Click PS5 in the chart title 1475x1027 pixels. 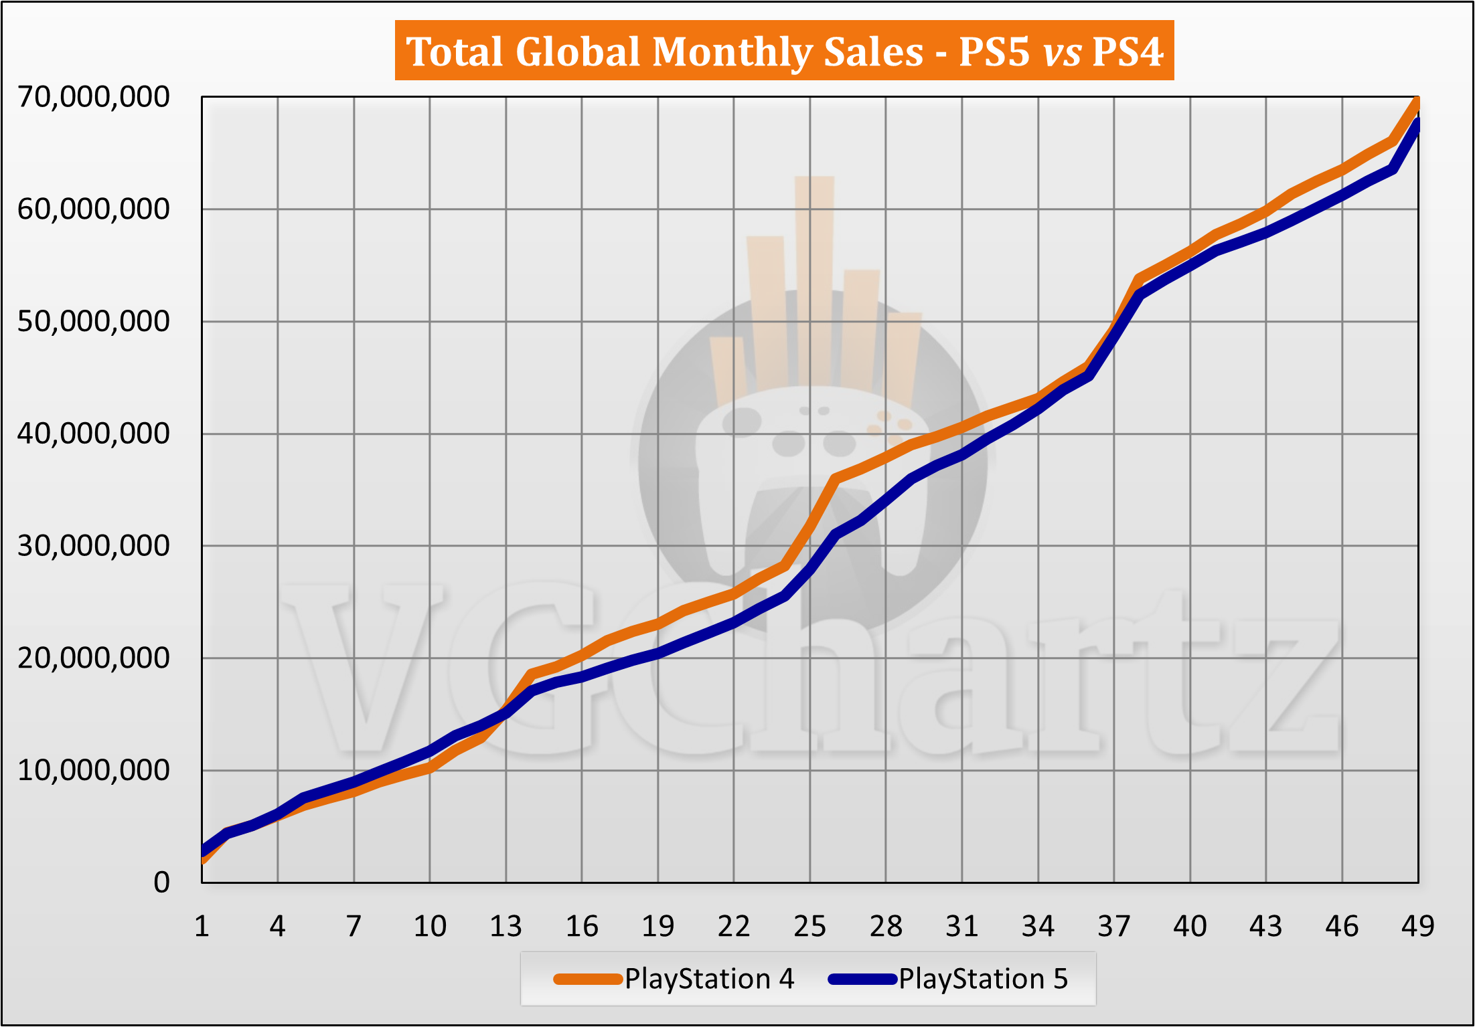point(994,52)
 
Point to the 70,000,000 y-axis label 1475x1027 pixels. point(94,97)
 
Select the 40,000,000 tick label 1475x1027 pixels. point(94,434)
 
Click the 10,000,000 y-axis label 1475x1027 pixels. point(94,770)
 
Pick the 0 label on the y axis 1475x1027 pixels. point(161,882)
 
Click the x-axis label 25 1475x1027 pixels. point(810,927)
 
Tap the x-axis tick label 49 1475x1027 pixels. point(1417,927)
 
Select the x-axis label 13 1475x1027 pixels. point(506,927)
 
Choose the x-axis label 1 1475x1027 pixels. point(202,927)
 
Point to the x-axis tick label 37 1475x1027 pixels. point(1114,927)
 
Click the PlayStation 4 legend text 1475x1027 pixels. point(709,979)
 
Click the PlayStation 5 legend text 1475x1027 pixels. point(983,979)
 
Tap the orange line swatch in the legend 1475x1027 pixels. point(588,979)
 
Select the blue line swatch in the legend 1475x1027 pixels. point(862,979)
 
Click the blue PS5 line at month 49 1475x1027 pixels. point(1417,124)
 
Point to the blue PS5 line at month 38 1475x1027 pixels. point(1140,294)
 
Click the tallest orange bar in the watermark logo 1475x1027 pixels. point(814,281)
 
